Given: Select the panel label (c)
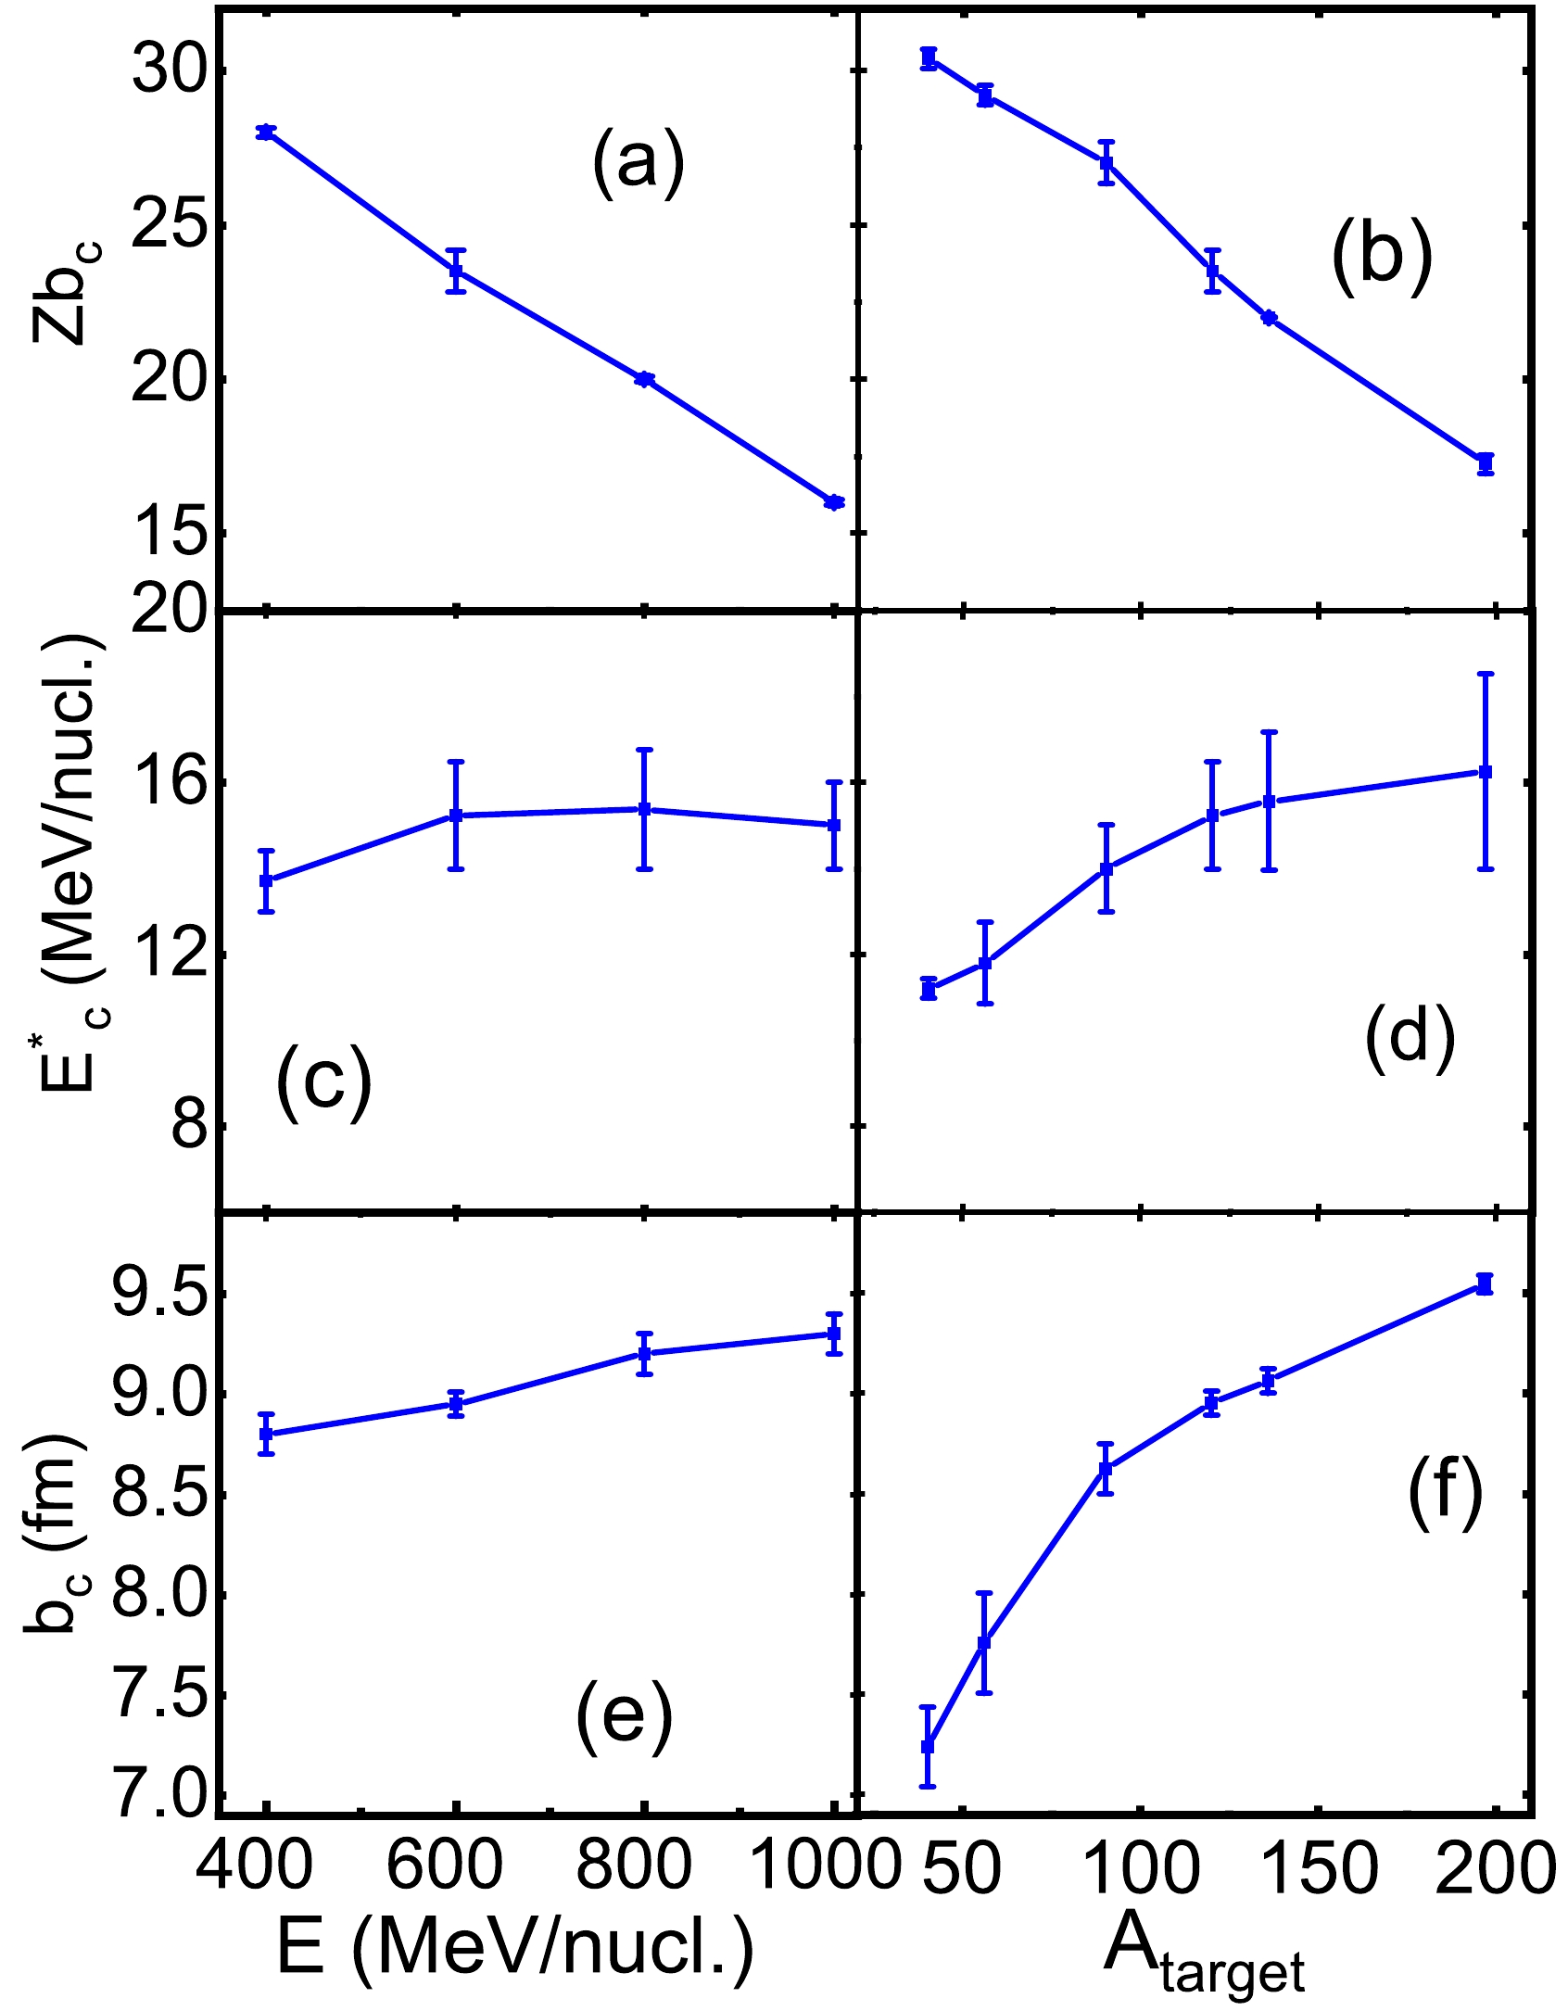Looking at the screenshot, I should pos(322,1081).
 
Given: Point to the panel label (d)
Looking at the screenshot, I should pos(1410,1034).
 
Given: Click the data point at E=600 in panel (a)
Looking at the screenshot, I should pos(456,271).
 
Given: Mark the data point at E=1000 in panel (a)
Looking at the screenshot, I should pos(834,502).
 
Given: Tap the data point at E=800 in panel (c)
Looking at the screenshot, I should pos(645,809).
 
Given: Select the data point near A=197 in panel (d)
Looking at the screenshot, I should pos(1486,771).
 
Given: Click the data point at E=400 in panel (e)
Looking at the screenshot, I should pos(266,1435).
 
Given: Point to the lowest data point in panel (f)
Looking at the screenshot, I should pos(928,1746).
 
